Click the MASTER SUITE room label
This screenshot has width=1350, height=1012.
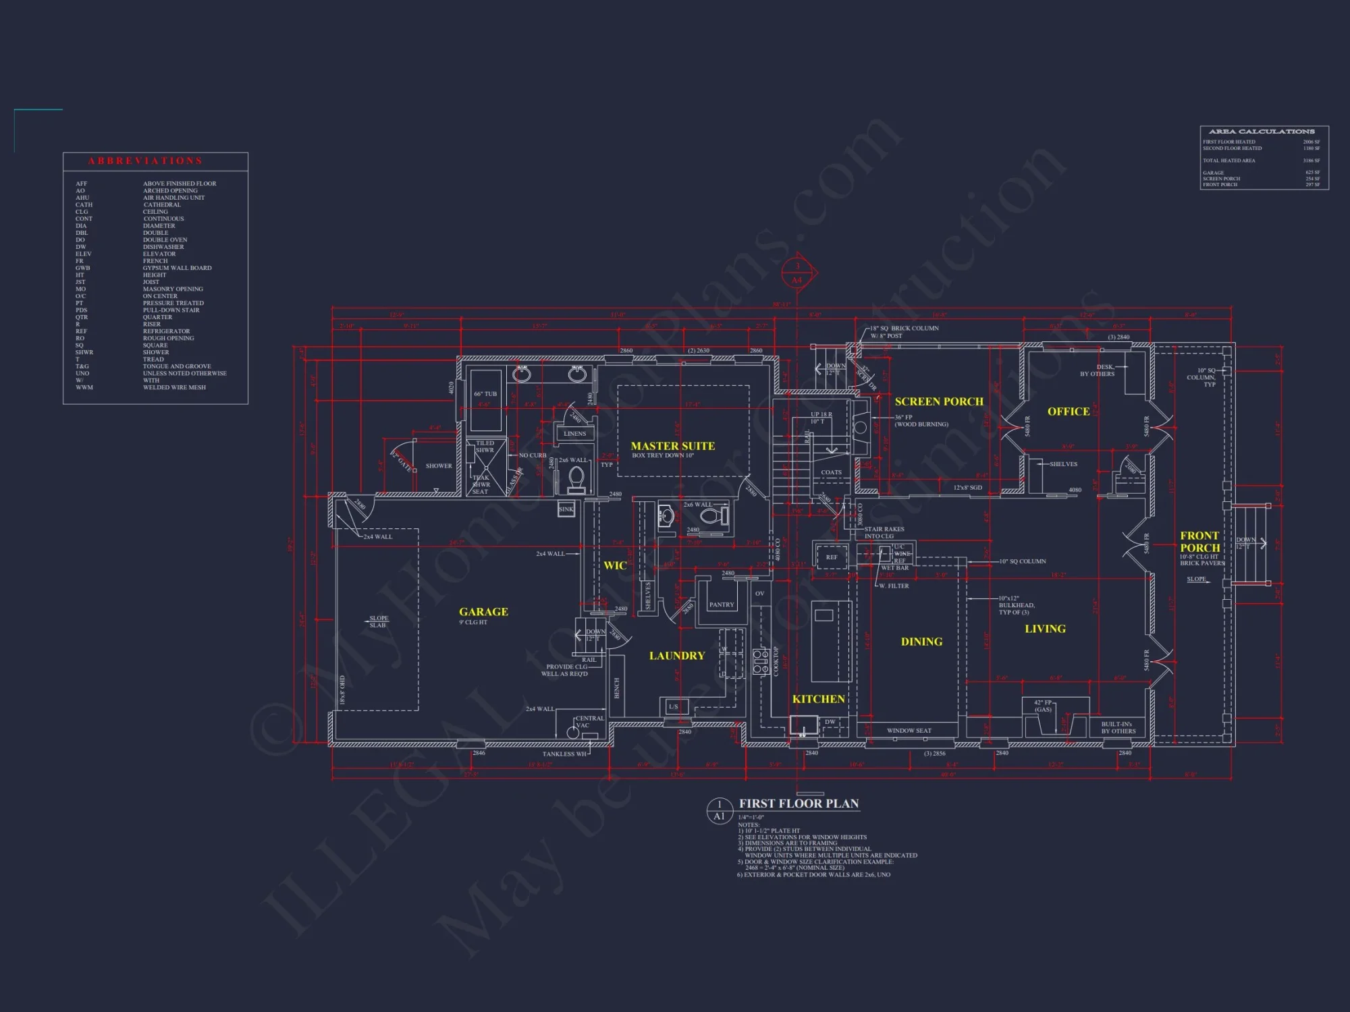[x=672, y=446]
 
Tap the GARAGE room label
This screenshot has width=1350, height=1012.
[x=483, y=612]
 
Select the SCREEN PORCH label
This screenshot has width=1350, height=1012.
[x=939, y=401]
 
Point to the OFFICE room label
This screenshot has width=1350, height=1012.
[x=1069, y=412]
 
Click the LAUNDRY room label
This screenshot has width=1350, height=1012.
[x=676, y=656]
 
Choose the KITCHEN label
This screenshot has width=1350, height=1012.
[x=818, y=699]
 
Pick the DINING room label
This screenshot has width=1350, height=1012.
[x=921, y=642]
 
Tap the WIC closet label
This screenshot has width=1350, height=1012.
[x=614, y=565]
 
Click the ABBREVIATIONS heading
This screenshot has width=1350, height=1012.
[x=145, y=161]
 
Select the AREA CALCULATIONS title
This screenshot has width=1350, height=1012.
[x=1262, y=132]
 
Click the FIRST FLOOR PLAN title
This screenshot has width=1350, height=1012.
[x=799, y=804]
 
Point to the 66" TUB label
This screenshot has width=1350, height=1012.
[x=485, y=394]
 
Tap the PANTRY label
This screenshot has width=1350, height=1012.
[x=721, y=605]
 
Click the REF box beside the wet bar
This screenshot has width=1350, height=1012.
[x=831, y=557]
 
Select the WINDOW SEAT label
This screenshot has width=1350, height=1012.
[x=909, y=731]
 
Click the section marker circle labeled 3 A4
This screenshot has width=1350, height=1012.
[x=797, y=273]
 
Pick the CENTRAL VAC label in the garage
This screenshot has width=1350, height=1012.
[x=589, y=722]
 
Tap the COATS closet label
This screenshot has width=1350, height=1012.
[x=831, y=472]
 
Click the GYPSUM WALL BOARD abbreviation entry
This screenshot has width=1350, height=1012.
[x=177, y=268]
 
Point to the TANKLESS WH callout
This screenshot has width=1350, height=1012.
[x=564, y=754]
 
